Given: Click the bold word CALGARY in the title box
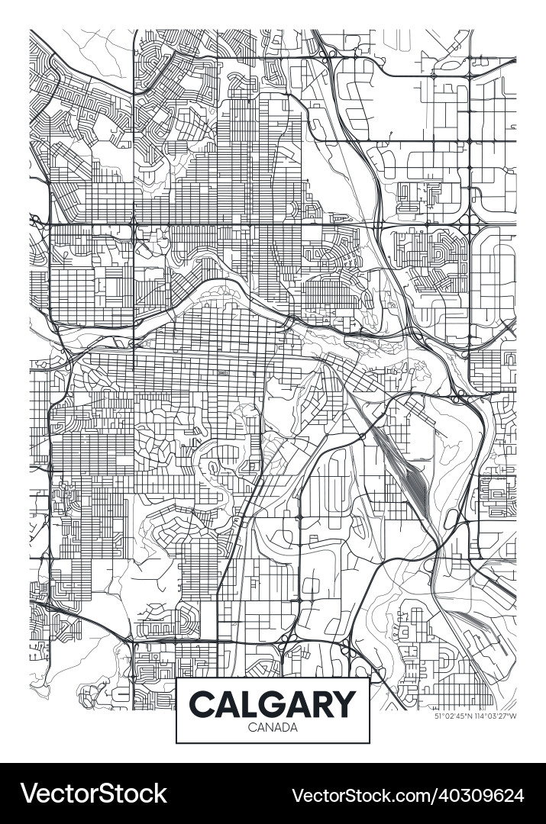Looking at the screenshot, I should (x=273, y=703).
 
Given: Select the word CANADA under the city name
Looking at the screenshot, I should (x=273, y=727).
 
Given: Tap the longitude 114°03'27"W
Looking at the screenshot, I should (x=496, y=716).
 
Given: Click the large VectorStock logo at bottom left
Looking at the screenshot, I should (x=93, y=794).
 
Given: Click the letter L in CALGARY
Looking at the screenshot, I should (x=248, y=703).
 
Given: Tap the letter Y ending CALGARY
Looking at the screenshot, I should (x=344, y=703).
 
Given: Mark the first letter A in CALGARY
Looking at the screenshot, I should (x=226, y=703).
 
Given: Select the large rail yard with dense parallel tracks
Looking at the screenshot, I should (x=412, y=481).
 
